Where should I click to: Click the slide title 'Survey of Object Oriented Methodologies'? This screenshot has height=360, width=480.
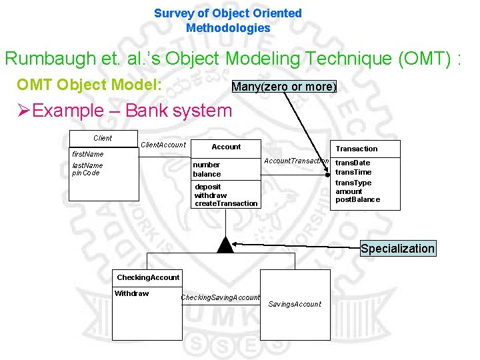point(228,21)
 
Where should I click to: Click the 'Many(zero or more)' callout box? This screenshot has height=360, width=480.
point(284,87)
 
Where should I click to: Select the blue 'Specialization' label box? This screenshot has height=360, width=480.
point(397,249)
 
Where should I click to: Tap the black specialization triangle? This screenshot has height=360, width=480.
point(225,245)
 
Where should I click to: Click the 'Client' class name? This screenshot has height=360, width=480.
point(103,138)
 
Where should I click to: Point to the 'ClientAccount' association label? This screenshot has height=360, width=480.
point(163,145)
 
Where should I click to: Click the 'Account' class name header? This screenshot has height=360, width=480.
point(226,147)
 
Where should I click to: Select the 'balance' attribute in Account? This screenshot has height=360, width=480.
point(207,174)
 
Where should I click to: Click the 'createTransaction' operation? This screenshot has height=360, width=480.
point(225,203)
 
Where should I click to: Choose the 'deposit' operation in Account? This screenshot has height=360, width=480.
point(207,187)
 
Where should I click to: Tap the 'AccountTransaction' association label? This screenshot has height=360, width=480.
point(297,161)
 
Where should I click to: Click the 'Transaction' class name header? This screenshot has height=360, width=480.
point(356,149)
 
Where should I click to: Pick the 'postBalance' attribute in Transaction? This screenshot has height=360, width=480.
point(357,199)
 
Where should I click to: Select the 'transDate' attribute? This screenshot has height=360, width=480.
point(353,163)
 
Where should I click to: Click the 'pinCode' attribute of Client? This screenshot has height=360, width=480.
point(85,173)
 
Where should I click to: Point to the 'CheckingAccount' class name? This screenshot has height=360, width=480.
point(148,277)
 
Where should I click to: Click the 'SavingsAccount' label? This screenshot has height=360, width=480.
point(295,304)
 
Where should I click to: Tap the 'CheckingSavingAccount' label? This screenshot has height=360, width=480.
point(221,297)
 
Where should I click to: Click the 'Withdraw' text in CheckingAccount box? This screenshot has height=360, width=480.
point(132,293)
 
